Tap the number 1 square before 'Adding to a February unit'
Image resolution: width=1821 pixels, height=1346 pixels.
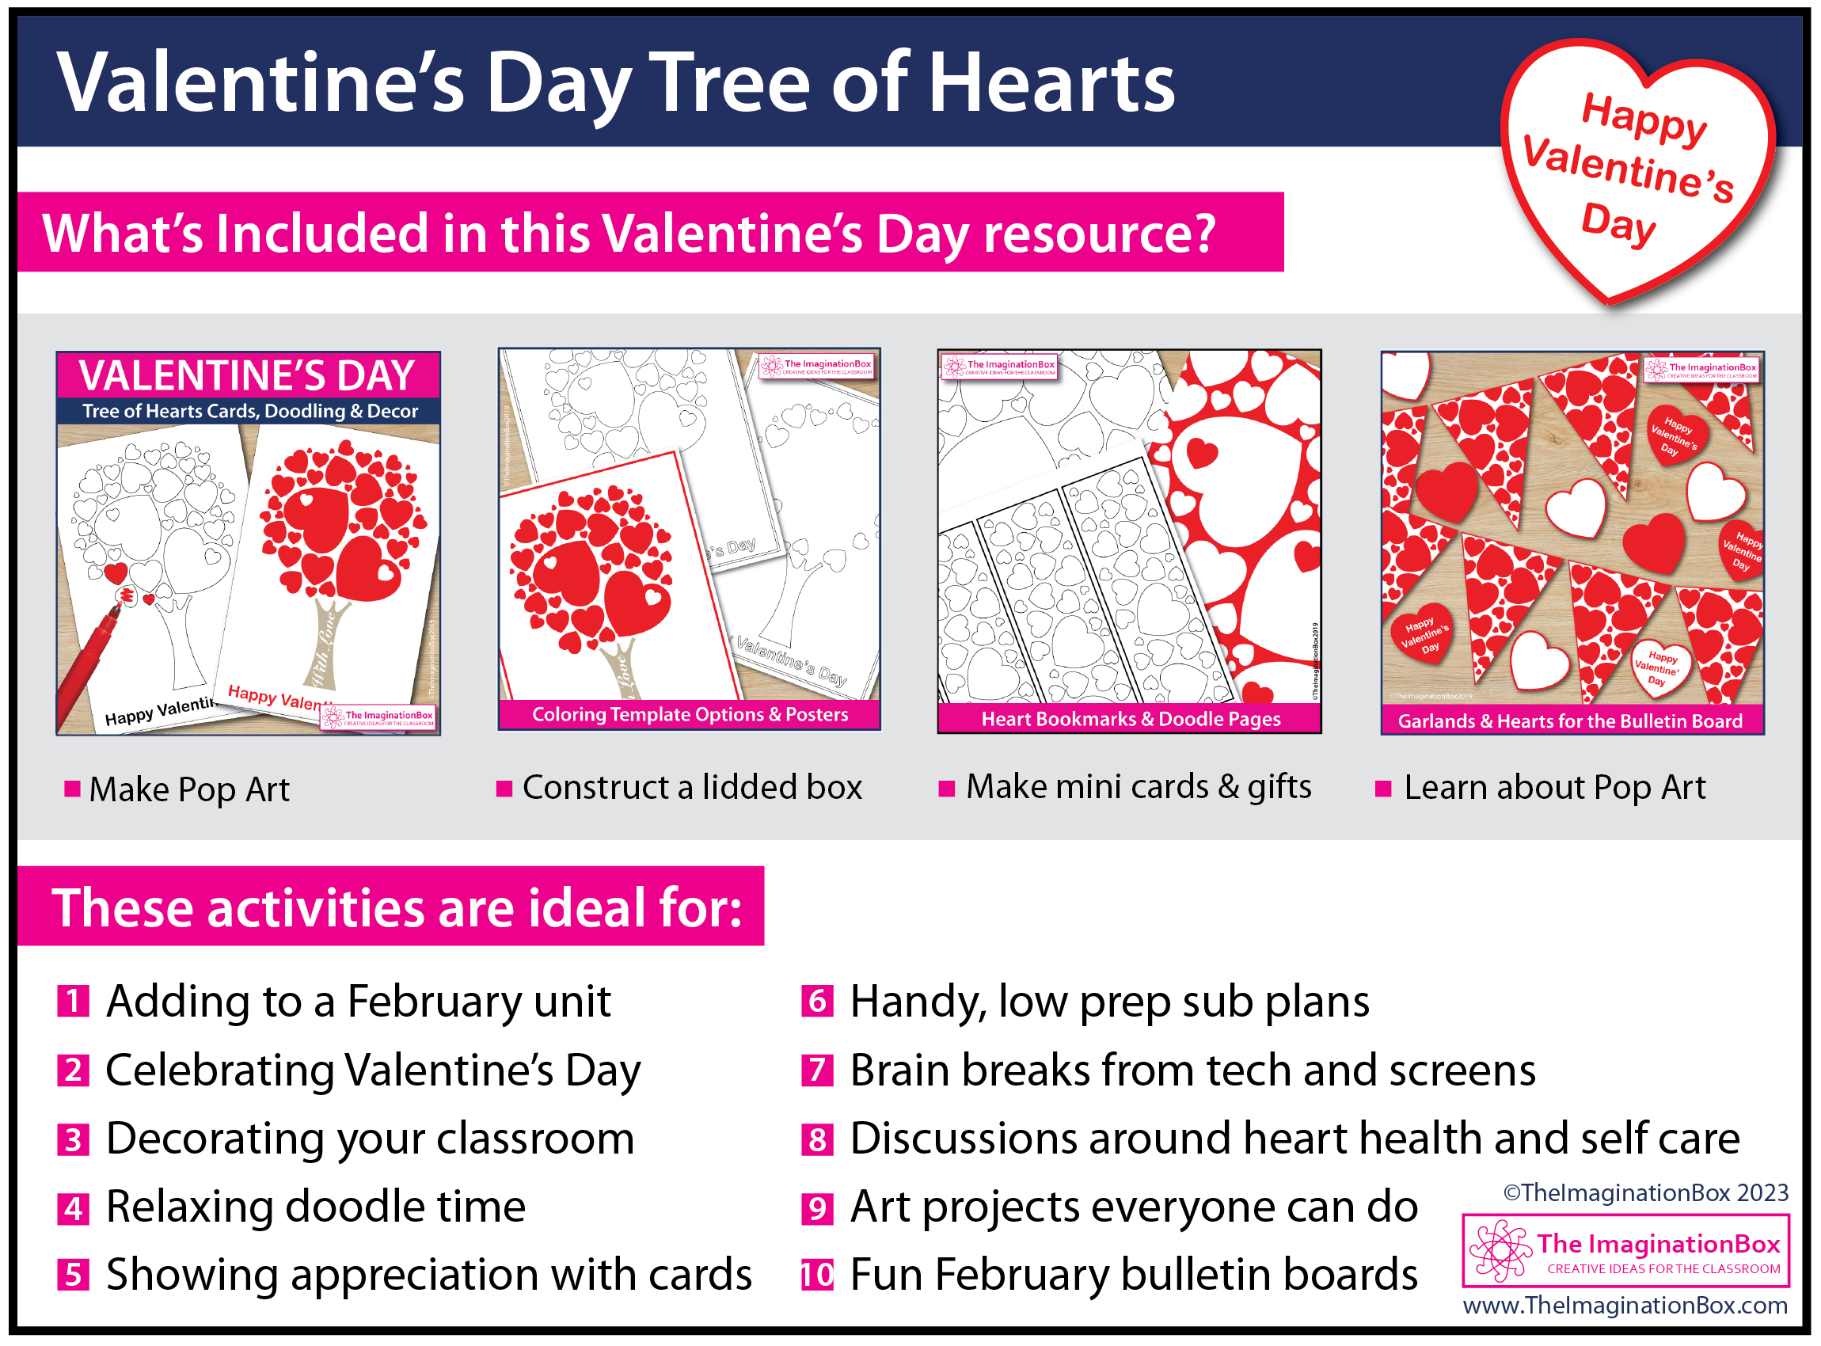74,1002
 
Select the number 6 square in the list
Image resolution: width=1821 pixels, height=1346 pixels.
817,1002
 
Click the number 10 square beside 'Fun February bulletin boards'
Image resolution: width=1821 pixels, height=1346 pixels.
817,1274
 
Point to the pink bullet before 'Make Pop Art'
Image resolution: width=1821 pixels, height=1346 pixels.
73,789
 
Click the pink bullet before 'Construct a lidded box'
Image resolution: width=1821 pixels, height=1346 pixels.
504,788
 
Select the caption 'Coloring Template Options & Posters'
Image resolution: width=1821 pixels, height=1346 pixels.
690,714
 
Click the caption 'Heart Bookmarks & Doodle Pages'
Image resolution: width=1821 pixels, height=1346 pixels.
1131,719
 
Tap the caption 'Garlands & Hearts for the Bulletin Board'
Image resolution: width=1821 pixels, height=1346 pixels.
1570,721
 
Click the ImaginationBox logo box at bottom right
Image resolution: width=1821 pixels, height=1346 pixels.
1626,1251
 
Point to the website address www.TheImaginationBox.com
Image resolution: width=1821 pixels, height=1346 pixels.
1625,1306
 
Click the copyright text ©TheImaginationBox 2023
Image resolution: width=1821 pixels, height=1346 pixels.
1646,1193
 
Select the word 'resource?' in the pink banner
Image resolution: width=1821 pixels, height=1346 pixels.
1100,234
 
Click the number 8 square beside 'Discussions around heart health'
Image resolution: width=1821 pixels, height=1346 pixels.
817,1139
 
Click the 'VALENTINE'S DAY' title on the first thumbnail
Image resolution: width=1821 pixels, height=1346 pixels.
248,375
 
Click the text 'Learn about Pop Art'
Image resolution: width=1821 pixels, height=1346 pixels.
1554,788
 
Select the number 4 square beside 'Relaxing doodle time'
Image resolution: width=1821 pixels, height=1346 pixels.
74,1207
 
